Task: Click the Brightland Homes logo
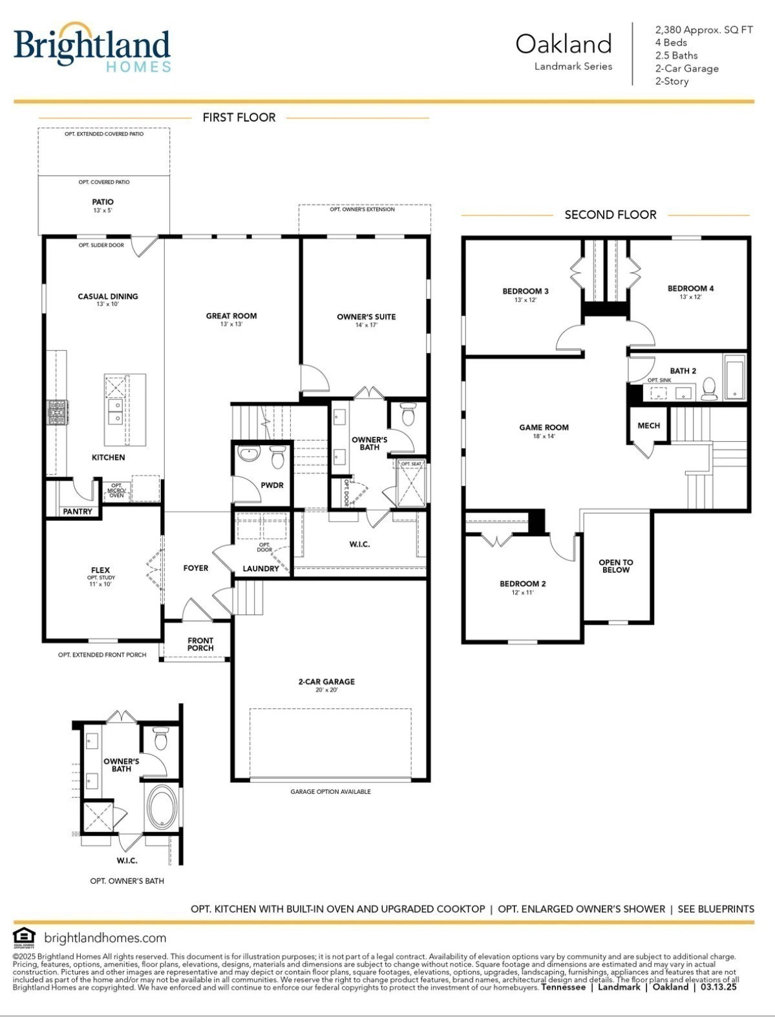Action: pos(92,47)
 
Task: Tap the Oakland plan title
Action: pos(563,45)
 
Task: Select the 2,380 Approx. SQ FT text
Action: pos(703,30)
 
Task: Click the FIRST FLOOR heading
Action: pos(239,117)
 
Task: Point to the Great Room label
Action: pos(231,316)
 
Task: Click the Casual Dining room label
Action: pos(108,297)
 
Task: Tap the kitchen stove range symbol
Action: pos(58,412)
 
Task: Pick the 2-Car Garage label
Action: pos(326,682)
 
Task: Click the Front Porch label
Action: pos(200,644)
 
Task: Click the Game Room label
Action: pos(544,428)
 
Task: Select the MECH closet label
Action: pos(648,425)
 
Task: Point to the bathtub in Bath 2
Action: pos(734,378)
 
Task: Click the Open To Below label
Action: pos(615,566)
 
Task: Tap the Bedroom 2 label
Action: pos(522,584)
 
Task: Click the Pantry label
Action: pos(78,511)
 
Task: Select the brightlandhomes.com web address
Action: pos(105,937)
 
